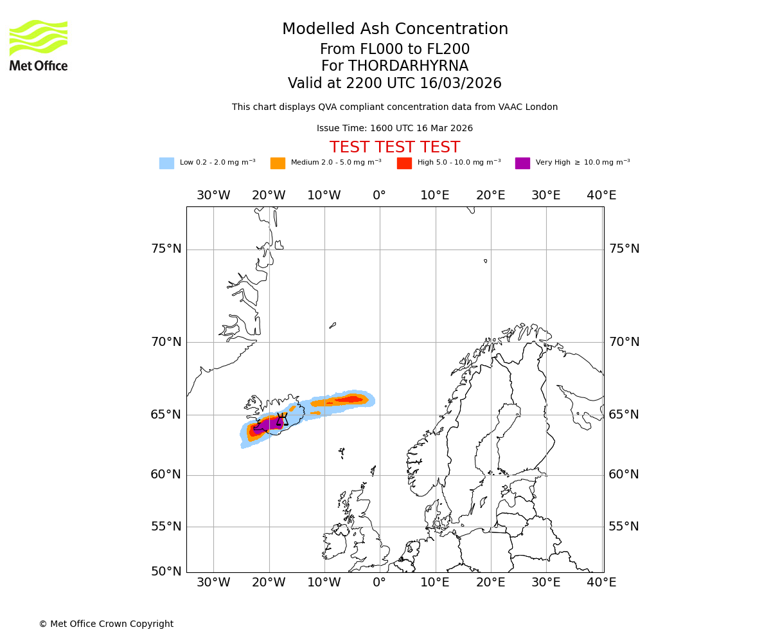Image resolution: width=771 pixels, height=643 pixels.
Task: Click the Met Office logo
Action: coord(39,45)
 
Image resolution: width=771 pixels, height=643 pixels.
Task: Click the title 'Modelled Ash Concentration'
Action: coord(394,30)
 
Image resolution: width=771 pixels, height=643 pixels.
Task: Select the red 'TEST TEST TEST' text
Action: coord(394,148)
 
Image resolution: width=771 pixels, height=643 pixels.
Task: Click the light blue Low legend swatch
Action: coord(166,163)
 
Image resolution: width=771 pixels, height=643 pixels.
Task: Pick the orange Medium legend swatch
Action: coord(278,163)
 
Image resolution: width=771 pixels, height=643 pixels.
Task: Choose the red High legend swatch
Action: coord(404,163)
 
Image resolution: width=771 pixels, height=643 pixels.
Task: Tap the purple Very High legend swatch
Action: coord(522,163)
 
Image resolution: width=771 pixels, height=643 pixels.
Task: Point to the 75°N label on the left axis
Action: coord(166,249)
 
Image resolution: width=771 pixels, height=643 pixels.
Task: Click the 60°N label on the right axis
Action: coord(624,475)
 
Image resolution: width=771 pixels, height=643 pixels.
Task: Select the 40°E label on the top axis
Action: coord(601,195)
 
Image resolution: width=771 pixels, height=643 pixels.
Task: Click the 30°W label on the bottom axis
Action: coord(213,583)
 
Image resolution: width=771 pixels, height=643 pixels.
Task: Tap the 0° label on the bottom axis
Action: coord(380,583)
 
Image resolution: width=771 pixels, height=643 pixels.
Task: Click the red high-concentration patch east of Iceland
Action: coord(350,399)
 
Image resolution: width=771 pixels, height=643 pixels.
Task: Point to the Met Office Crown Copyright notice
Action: coord(106,624)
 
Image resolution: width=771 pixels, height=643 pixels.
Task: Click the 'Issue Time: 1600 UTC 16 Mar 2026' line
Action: coord(394,129)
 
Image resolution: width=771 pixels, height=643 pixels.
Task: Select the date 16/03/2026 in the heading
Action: coord(461,84)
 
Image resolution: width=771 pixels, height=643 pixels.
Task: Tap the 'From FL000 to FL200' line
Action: coord(394,50)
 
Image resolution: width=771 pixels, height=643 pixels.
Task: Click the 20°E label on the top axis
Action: coord(491,195)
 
